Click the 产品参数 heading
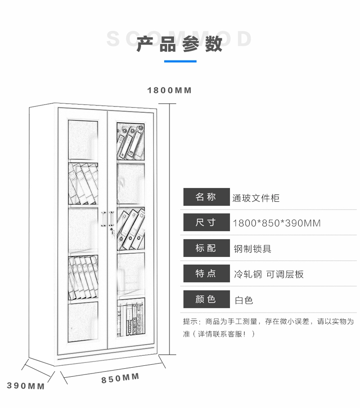coord(180,44)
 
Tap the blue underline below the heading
coord(180,61)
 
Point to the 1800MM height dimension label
coord(169,90)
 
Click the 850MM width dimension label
coord(120,378)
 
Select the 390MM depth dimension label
coord(25,385)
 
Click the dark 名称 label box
coord(206,197)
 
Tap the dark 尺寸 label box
coord(206,222)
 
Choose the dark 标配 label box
coord(206,248)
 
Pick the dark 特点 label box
coord(206,273)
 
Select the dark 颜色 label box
coord(206,299)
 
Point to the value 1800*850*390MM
coord(276,223)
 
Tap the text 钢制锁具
coord(252,249)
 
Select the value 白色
coord(244,300)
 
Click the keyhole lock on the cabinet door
coord(112,232)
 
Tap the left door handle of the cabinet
coord(104,219)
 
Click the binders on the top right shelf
coord(130,141)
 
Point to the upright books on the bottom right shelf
coord(130,319)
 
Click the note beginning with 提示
coord(268,327)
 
